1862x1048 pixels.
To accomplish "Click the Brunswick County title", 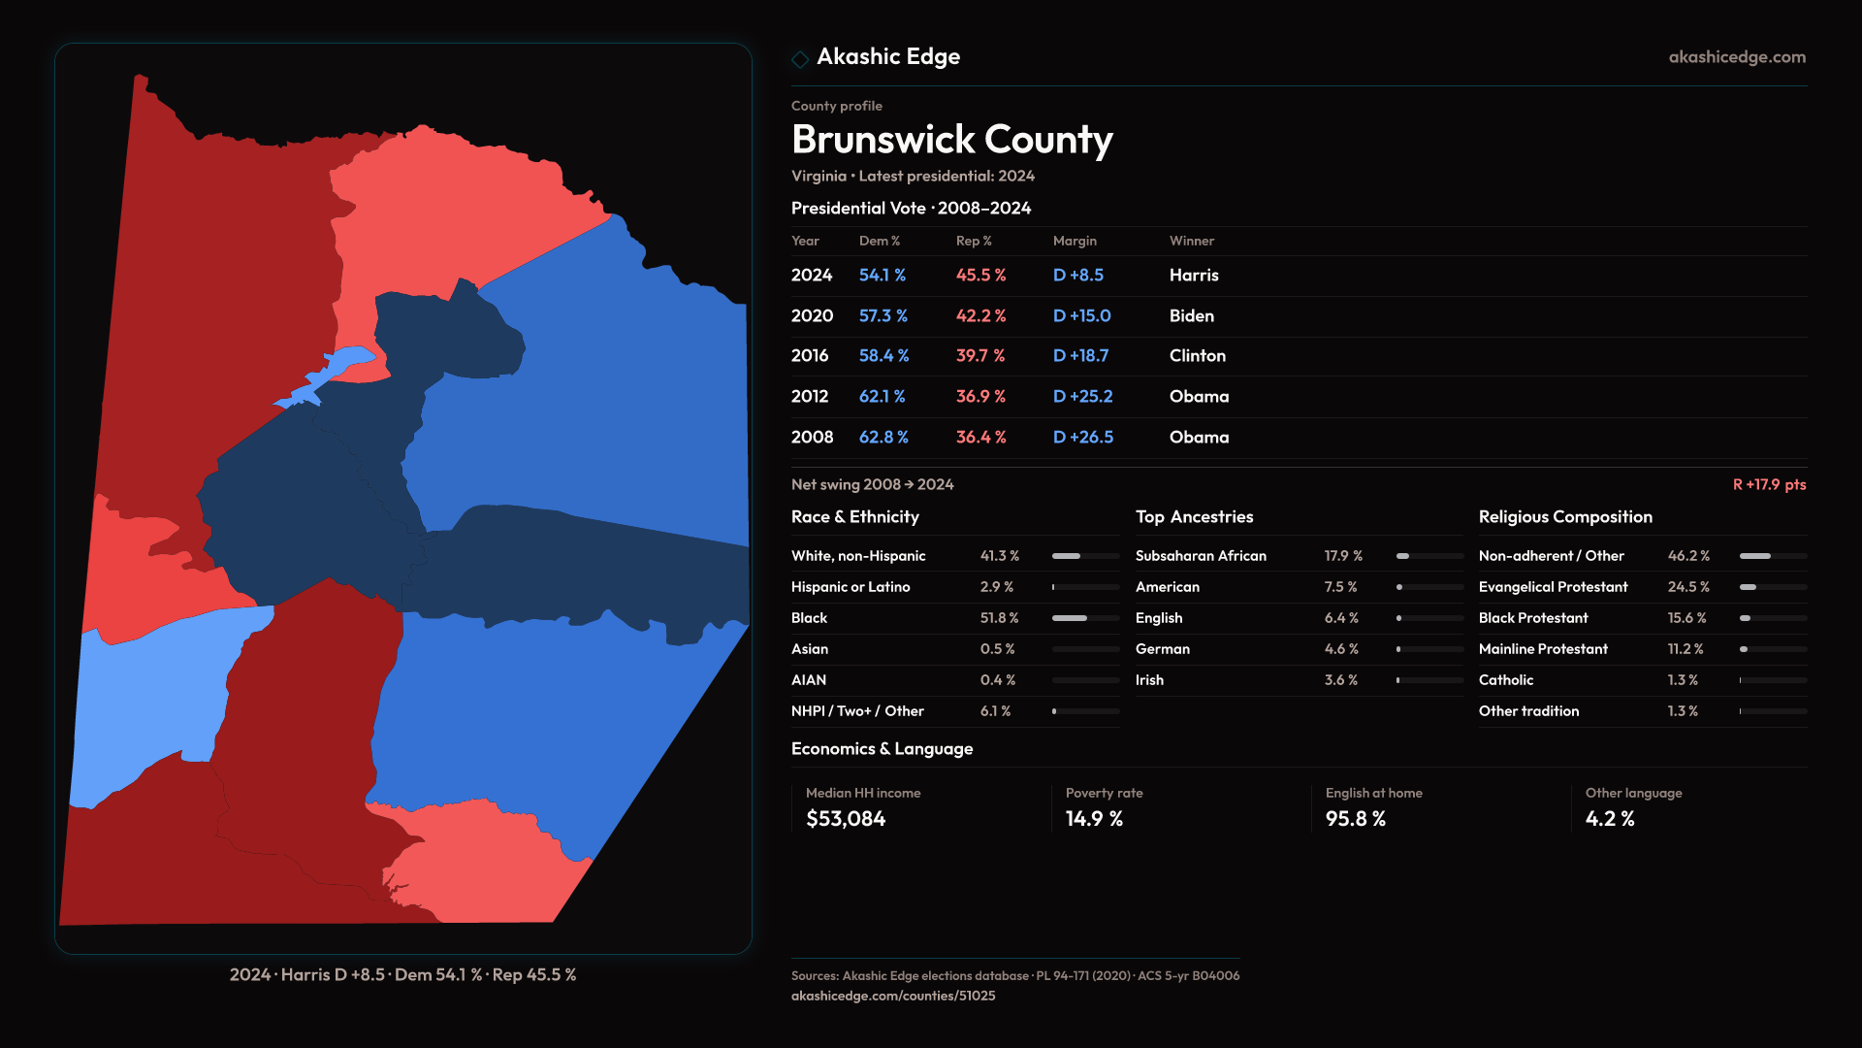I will coord(951,140).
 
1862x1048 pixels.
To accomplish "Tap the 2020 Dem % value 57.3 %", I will coord(883,316).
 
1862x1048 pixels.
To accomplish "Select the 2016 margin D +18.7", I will coord(1080,356).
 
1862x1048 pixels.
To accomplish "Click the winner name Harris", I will coord(1193,276).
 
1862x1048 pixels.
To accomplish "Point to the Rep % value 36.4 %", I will coord(980,438).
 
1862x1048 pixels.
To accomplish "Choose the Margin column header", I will coord(1075,241).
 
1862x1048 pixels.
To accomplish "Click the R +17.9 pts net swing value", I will coord(1769,484).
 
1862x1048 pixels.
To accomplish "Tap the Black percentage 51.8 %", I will coord(999,618).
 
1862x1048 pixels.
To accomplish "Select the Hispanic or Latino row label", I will coord(850,587).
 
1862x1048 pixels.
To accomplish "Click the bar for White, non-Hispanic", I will coord(1084,556).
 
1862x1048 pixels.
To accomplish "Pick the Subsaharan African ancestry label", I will coord(1201,556).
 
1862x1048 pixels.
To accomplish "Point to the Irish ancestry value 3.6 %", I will coord(1340,680).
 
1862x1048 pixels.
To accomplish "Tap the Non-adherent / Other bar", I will coord(1772,556).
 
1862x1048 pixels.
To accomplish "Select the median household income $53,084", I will coord(846,819).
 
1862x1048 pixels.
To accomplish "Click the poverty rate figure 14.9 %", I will coord(1094,819).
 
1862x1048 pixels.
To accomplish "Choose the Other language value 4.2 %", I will coord(1610,819).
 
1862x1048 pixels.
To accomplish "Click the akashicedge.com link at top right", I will coord(1737,57).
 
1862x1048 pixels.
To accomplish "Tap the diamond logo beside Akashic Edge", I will coord(800,59).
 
